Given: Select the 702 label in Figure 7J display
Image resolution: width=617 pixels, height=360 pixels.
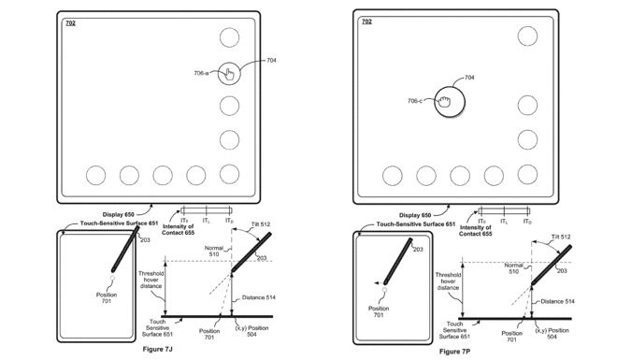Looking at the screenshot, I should click(71, 22).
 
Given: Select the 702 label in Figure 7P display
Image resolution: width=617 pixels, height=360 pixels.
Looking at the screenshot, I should click(366, 21).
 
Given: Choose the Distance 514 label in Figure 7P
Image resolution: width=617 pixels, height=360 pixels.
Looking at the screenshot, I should click(557, 301).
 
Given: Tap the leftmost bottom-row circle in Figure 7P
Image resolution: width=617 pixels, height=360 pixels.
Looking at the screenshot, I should click(392, 175).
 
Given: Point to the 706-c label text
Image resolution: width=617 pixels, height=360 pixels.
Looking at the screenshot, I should click(417, 101).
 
